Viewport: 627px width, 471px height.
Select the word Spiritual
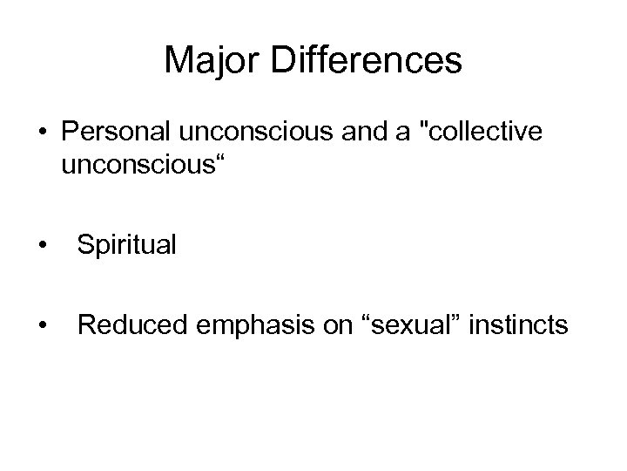[x=126, y=245]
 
